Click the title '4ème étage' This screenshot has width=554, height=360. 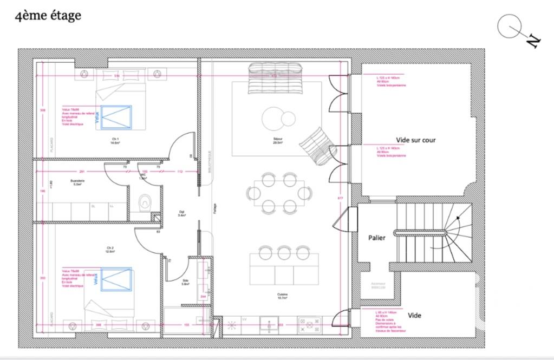[x=48, y=15]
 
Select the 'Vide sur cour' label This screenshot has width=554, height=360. [x=415, y=140]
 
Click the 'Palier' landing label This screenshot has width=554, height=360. [x=377, y=238]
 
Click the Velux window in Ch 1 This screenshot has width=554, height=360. [x=116, y=117]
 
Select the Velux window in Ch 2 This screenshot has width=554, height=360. [x=116, y=279]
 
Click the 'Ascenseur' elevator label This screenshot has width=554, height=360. [x=379, y=285]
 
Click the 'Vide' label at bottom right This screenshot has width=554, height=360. [x=414, y=316]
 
